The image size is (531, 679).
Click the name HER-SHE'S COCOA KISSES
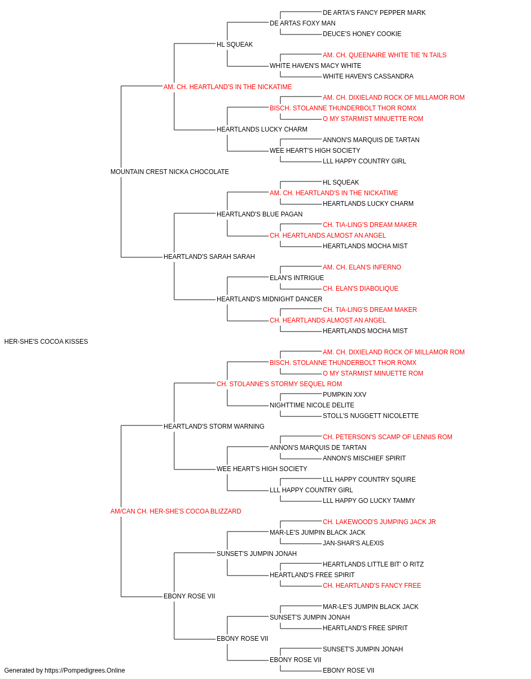(46, 342)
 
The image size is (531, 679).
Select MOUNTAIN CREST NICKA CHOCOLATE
(169, 172)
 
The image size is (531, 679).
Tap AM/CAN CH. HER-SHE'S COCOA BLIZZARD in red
(176, 511)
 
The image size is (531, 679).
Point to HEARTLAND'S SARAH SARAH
(209, 257)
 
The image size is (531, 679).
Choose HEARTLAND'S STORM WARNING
(213, 426)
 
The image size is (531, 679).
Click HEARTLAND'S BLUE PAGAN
(260, 214)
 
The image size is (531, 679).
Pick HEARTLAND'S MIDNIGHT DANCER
(269, 299)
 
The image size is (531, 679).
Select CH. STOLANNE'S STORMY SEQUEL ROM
(279, 384)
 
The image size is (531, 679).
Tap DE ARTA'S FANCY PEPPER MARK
(374, 13)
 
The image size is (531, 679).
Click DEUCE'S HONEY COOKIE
(362, 34)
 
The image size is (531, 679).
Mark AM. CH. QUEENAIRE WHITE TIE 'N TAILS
(384, 55)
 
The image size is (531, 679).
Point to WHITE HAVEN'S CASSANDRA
(368, 76)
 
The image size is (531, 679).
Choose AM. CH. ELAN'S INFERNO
(362, 267)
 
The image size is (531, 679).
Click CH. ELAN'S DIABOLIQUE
(360, 289)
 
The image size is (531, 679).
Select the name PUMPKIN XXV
(344, 394)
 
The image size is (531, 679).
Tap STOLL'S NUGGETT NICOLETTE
(371, 415)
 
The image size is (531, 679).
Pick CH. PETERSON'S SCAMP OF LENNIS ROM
(388, 437)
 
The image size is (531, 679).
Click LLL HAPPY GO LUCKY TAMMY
(369, 501)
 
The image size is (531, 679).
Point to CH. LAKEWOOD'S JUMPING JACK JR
(379, 522)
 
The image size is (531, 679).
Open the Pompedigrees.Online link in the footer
(85, 671)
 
